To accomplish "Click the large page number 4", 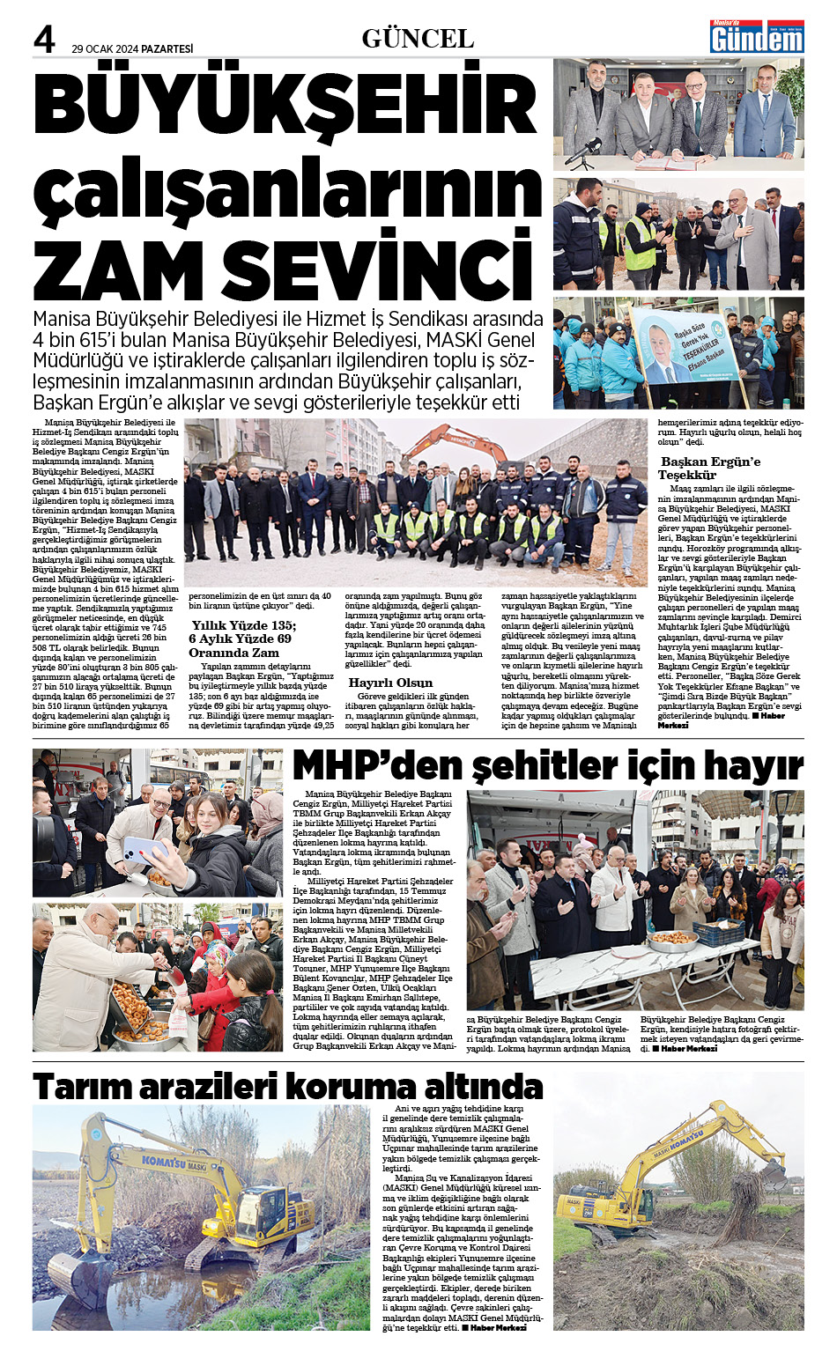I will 44,40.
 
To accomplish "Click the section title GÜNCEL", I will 418,39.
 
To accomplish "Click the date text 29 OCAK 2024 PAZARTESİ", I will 132,48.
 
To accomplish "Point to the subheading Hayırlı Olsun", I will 390,683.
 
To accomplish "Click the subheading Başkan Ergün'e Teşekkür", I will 710,468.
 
